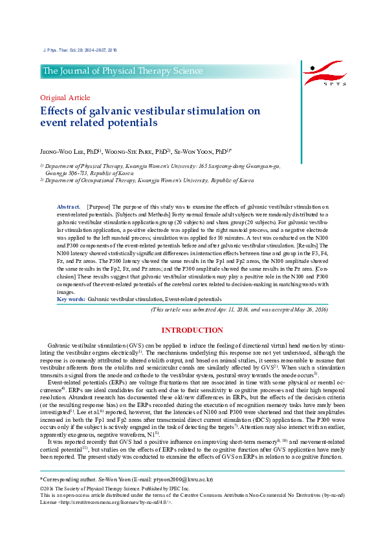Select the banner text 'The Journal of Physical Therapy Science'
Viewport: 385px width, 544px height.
[123, 71]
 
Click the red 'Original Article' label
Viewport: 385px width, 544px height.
[65, 98]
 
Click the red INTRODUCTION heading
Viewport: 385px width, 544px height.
[192, 331]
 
